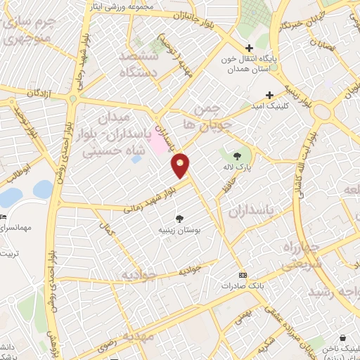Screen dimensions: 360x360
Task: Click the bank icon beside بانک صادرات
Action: coord(243,274)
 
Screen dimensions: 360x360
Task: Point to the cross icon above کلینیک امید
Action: coord(269,94)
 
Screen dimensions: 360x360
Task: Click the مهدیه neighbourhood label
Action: coord(131,336)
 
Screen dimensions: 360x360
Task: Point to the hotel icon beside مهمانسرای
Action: coord(3,215)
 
